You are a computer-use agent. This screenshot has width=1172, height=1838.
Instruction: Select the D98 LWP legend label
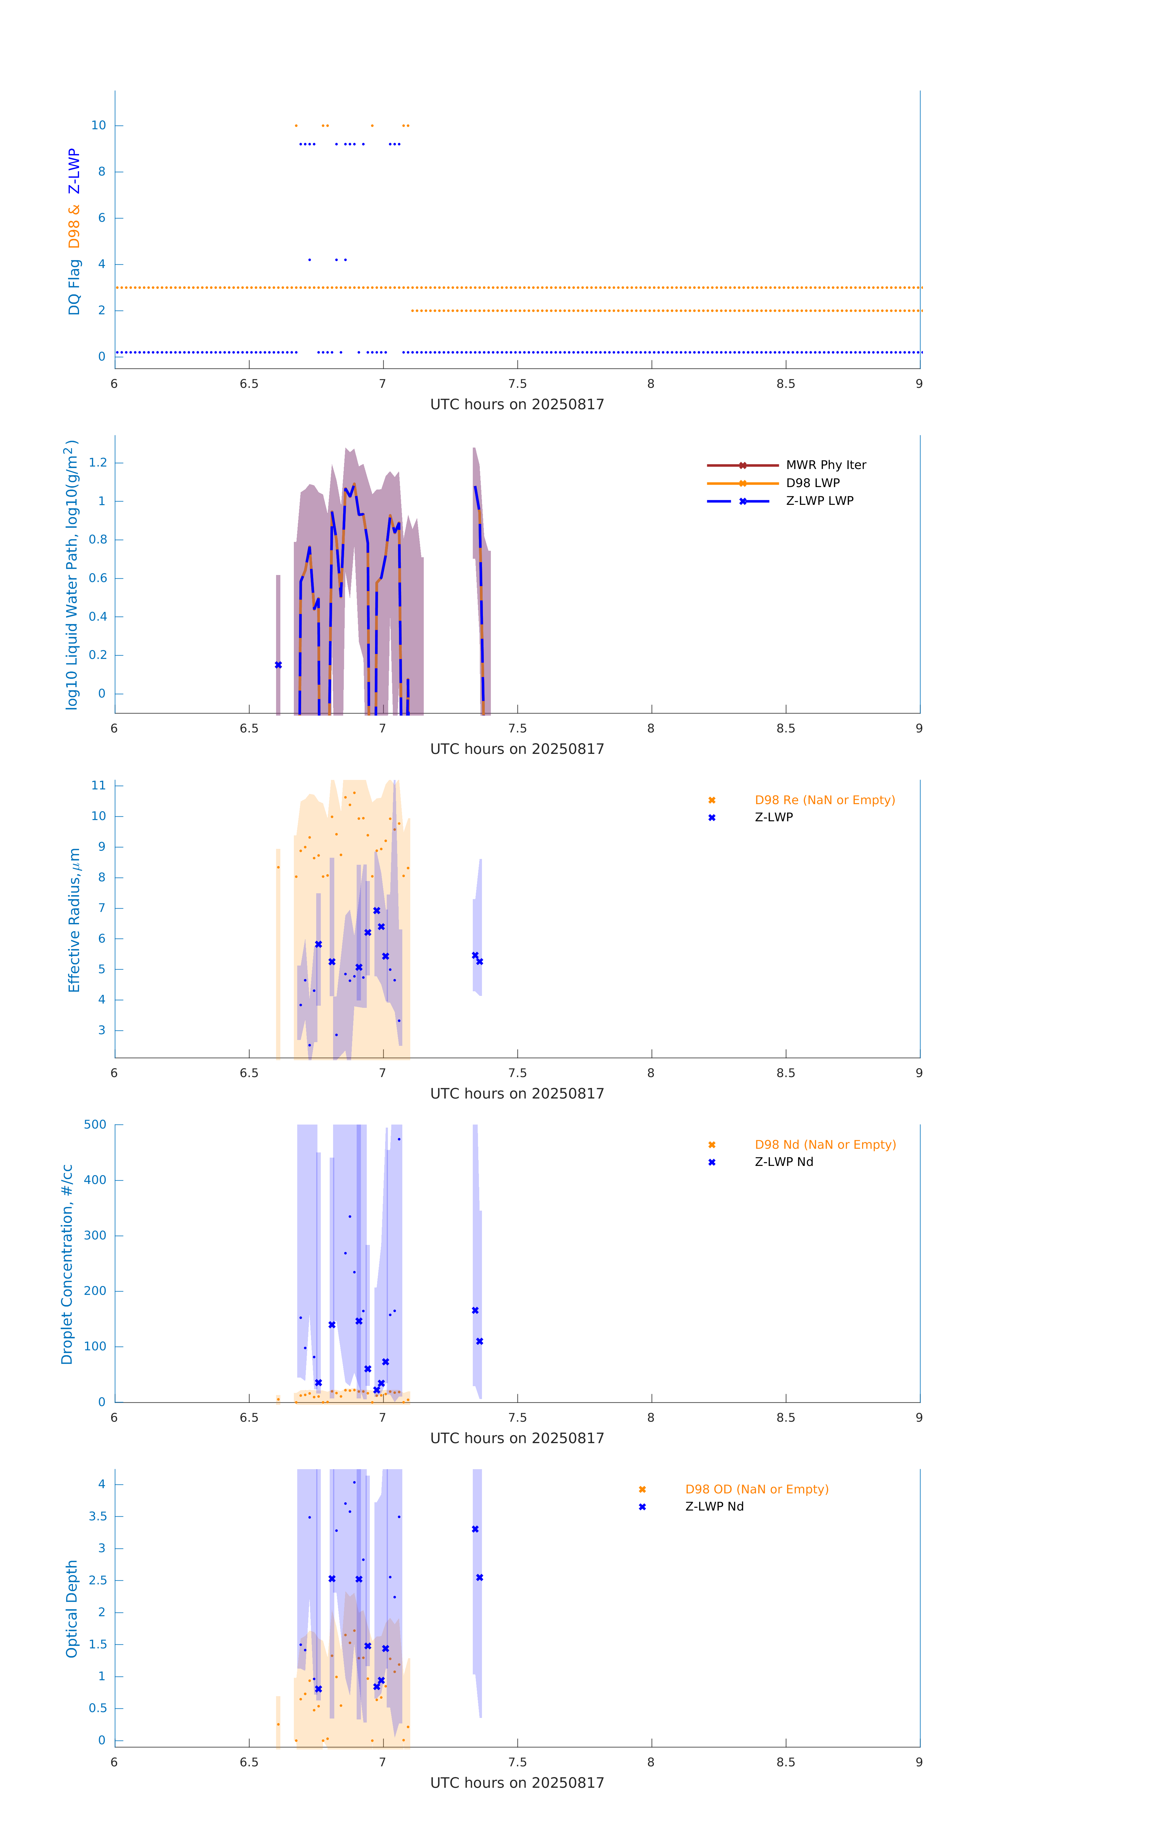point(812,483)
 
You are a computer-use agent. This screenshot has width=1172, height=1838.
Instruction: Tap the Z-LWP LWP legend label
point(819,501)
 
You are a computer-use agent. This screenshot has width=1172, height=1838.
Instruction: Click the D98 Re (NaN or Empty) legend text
point(825,800)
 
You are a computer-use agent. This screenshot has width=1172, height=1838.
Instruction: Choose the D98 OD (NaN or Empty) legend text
point(757,1489)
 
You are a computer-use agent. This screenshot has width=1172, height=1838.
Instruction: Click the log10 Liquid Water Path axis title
point(71,575)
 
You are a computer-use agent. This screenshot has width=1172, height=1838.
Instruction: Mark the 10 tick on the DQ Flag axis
point(98,125)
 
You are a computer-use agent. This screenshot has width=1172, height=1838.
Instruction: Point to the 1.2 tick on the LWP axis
point(98,463)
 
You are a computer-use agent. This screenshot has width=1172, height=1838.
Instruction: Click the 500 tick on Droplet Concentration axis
point(95,1124)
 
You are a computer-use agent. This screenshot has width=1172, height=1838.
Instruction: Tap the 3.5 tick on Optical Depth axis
point(98,1516)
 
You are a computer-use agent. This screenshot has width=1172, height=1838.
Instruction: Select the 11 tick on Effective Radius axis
point(98,785)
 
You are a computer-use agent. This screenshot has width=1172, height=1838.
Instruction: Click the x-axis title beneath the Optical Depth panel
point(517,1783)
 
